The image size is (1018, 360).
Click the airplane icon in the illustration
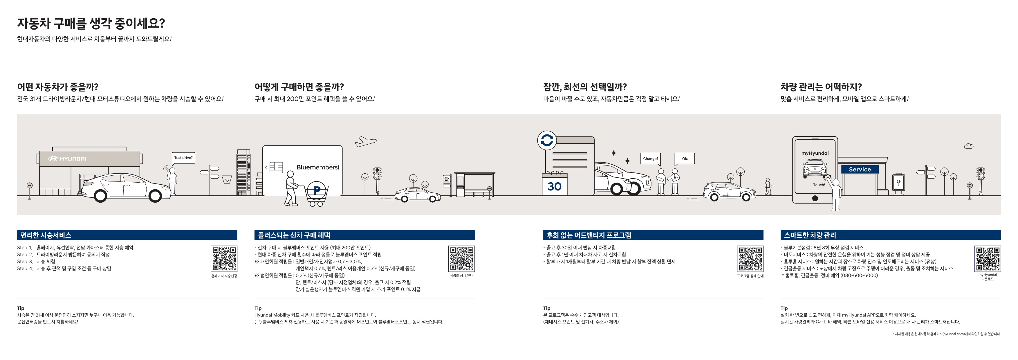[366, 141]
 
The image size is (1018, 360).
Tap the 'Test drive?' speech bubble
[183, 158]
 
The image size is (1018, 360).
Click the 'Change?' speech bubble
[651, 159]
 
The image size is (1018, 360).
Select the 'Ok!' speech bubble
[685, 159]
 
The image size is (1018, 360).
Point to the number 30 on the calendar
[555, 186]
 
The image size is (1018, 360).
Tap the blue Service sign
[860, 170]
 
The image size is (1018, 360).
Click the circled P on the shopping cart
[317, 190]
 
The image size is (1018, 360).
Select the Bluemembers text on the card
[317, 167]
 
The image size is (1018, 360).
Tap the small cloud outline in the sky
[969, 146]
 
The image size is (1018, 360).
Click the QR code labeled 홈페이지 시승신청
[224, 259]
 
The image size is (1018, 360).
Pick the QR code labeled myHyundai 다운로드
[987, 259]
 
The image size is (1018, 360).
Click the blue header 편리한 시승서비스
[46, 235]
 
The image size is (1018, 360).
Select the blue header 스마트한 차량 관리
[810, 235]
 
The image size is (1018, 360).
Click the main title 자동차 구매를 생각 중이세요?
[91, 24]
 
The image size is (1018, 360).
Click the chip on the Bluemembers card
[276, 168]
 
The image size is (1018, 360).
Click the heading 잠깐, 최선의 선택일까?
[585, 87]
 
